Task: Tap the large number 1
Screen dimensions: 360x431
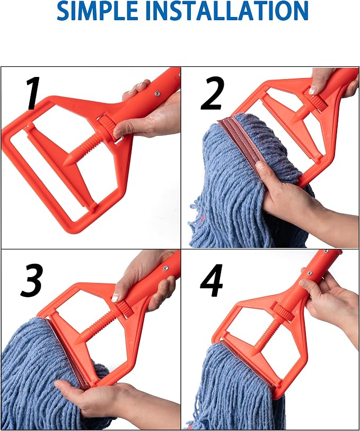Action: coord(33,93)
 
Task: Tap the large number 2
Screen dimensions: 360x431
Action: coord(213,93)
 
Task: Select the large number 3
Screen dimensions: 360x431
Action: coord(32,280)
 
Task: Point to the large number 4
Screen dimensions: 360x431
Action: coord(211,280)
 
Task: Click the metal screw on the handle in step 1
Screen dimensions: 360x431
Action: coord(157,94)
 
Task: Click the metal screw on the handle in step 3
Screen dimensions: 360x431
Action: coord(165,268)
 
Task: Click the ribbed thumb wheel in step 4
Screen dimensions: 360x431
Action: coord(283,313)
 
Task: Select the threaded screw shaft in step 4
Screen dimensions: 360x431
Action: coord(268,333)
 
